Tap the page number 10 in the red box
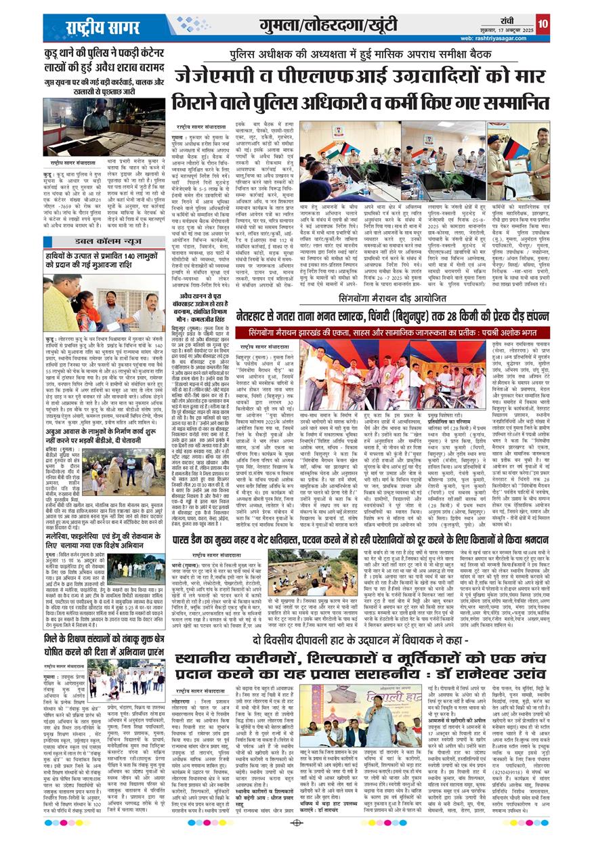coord(542,24)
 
